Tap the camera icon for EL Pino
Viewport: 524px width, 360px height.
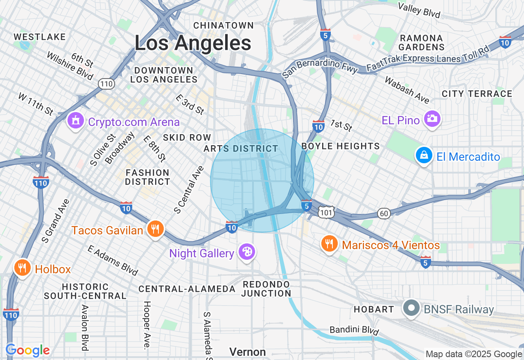point(432,119)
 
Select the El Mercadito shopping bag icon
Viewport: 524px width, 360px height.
point(424,156)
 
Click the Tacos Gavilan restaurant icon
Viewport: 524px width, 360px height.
point(155,229)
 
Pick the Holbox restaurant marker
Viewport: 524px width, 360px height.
point(23,268)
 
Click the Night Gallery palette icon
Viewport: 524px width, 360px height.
point(247,252)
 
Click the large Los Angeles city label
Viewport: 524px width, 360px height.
point(193,43)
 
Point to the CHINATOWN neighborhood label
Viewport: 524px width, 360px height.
point(224,25)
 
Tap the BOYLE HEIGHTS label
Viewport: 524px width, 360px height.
point(341,146)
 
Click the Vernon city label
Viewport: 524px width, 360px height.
point(247,352)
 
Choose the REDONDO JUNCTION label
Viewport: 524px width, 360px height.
point(266,289)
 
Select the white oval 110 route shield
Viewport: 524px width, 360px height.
point(106,84)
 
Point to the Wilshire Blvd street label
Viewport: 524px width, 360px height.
point(70,66)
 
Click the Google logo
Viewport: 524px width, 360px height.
point(28,350)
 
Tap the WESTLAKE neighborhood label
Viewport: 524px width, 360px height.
point(40,37)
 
